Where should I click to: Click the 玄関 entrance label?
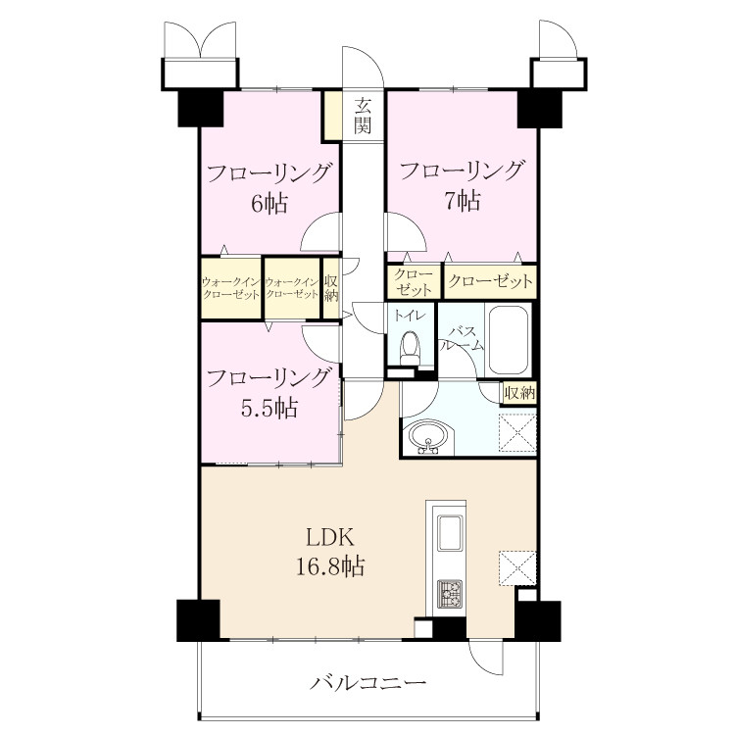pos(363,116)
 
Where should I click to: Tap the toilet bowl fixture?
pos(411,347)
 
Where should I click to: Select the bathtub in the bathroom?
pos(509,340)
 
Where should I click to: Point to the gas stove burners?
pos(450,594)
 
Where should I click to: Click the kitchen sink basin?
pos(450,532)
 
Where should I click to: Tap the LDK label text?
pos(330,538)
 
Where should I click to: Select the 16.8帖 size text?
pos(330,566)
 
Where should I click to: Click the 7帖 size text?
pos(462,201)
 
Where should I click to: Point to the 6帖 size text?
pos(269,204)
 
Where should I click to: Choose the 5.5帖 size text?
pos(269,407)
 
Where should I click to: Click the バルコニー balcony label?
pos(367,682)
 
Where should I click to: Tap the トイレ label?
pos(410,316)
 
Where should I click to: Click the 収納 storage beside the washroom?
pos(519,392)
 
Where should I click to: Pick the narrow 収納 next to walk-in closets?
pos(331,288)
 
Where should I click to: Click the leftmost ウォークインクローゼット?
pos(230,288)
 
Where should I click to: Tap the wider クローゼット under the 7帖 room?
pos(490,281)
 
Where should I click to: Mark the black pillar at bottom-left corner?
pos(198,620)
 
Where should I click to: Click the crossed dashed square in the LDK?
pos(517,568)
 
